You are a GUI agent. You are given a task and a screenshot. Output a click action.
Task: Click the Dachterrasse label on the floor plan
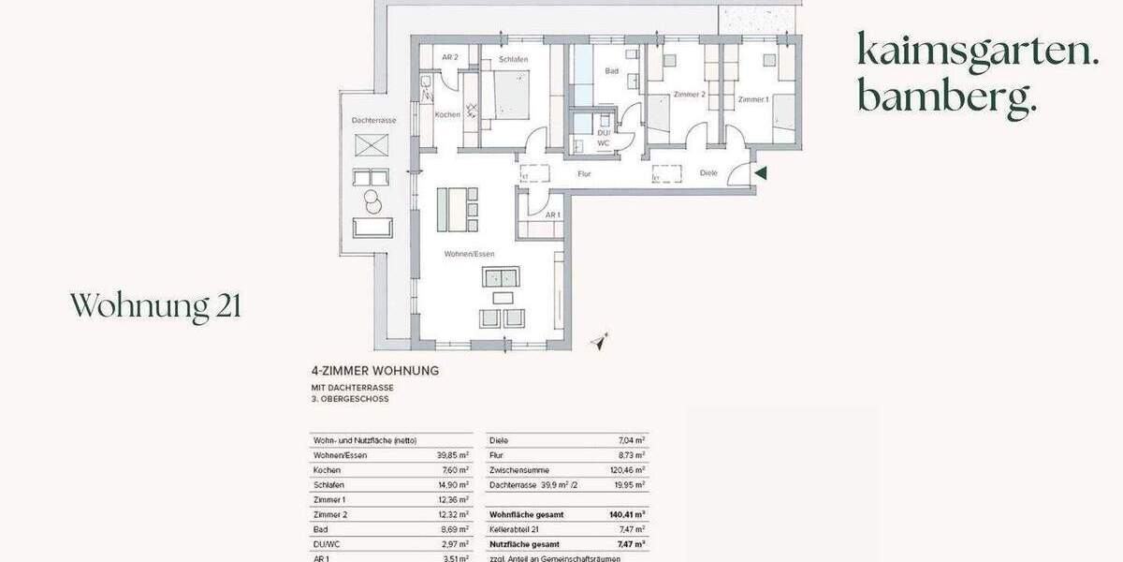click(373, 122)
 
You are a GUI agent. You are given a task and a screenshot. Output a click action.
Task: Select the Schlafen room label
click(513, 60)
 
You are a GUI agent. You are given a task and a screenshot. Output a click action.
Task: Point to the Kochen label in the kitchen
click(447, 114)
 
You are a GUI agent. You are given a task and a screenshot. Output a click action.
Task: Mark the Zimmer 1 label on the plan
click(752, 99)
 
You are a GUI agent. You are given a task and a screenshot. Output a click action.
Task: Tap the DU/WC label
click(604, 138)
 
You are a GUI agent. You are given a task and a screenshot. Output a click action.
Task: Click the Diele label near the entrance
click(707, 172)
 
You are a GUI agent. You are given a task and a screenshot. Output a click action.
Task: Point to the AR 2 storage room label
click(449, 58)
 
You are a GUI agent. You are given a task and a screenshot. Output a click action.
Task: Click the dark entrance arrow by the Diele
click(761, 172)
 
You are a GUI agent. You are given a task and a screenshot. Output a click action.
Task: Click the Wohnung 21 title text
click(155, 305)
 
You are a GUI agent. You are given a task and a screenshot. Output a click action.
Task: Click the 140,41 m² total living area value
click(628, 515)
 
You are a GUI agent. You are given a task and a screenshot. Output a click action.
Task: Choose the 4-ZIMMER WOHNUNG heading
click(374, 371)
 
